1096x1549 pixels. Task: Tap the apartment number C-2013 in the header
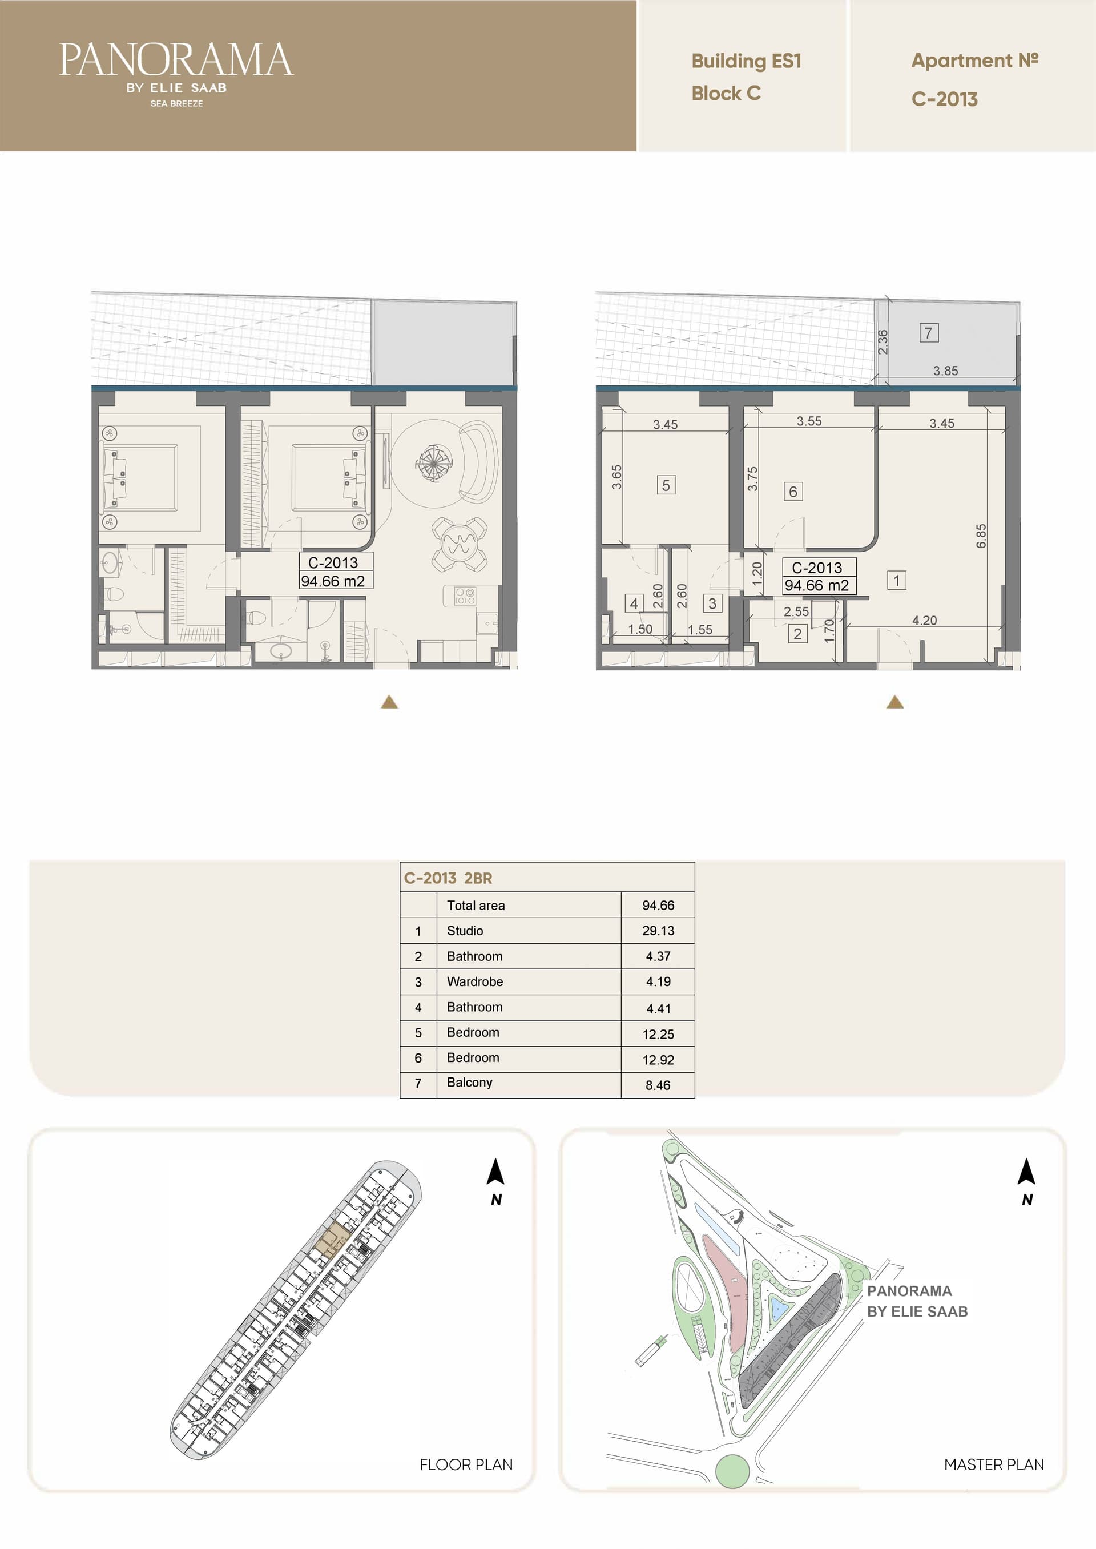tap(944, 99)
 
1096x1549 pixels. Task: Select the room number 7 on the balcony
tap(929, 333)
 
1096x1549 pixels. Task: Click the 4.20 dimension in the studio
tap(924, 620)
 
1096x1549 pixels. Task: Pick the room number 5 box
tap(666, 485)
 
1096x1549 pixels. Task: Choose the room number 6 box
tap(793, 492)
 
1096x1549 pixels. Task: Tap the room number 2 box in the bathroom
tap(797, 634)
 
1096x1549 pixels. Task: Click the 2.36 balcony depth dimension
tap(883, 342)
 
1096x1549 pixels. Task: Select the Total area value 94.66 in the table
tap(658, 905)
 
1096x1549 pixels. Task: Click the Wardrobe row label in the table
tap(474, 981)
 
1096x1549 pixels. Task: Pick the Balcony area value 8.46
tap(658, 1085)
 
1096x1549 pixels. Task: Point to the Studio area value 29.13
tap(658, 931)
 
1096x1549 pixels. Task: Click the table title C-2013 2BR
tap(448, 878)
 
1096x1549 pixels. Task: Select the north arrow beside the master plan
tap(1026, 1171)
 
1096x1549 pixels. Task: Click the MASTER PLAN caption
tap(994, 1464)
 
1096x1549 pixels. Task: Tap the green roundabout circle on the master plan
tap(732, 1471)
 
